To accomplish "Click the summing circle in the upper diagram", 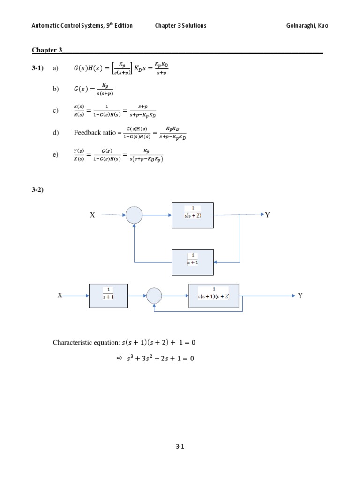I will pyautogui.click(x=134, y=215).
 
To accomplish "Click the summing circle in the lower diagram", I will pyautogui.click(x=154, y=296).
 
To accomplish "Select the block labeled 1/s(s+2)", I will pyautogui.click(x=193, y=215).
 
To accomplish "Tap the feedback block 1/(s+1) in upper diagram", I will pyautogui.click(x=193, y=262).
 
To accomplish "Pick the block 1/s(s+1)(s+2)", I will pyautogui.click(x=213, y=296).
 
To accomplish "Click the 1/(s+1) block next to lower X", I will pyautogui.click(x=108, y=296).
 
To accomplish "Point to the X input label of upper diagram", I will pyautogui.click(x=92, y=215).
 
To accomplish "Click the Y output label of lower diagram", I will pyautogui.click(x=300, y=296).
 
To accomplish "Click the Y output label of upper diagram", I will pyautogui.click(x=268, y=215).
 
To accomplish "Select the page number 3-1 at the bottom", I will pyautogui.click(x=180, y=447).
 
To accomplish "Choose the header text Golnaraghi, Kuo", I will pyautogui.click(x=307, y=25).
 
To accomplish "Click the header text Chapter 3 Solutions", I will pyautogui.click(x=180, y=25).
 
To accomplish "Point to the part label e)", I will pyautogui.click(x=56, y=154).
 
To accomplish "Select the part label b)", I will pyautogui.click(x=56, y=90).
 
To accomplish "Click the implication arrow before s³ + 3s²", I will pyautogui.click(x=119, y=358).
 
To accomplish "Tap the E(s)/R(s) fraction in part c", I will pyautogui.click(x=79, y=111).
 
